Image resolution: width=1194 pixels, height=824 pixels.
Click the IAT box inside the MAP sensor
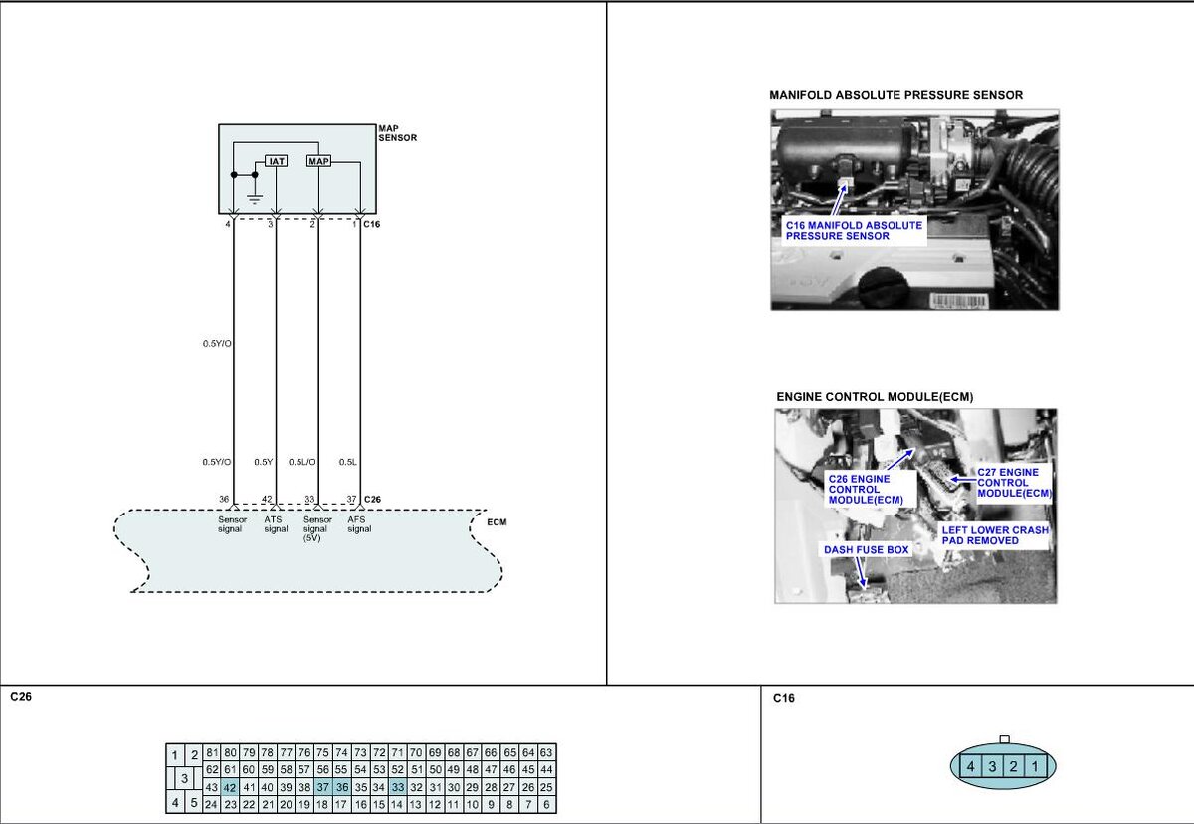coord(277,161)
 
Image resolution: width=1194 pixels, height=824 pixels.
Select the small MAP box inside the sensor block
coord(318,161)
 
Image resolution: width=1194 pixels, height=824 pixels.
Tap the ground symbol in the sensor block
coord(255,199)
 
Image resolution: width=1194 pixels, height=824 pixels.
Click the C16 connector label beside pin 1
coord(371,224)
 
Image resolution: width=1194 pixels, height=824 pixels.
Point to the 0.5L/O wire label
coord(302,462)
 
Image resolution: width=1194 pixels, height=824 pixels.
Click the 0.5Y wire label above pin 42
coord(264,462)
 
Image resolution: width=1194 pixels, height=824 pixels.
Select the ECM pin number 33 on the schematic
coord(309,499)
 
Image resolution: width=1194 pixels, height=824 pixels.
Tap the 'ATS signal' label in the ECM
coord(276,524)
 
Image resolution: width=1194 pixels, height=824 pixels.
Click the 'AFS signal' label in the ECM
coord(359,524)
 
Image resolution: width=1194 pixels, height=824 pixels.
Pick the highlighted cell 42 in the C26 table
coord(230,787)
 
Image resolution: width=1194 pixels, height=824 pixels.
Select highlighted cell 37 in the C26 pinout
coord(323,787)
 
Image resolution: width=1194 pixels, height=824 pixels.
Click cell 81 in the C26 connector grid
coord(212,752)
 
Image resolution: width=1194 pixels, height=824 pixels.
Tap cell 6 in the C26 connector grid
coord(547,804)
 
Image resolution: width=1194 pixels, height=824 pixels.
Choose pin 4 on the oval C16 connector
coord(971,766)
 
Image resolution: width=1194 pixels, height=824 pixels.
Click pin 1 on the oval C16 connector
coord(1035,766)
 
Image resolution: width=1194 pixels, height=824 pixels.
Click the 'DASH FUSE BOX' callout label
coord(867,550)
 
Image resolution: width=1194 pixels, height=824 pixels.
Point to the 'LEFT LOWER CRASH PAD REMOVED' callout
coord(995,535)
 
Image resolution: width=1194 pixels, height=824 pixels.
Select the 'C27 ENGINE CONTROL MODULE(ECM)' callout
coord(1014,483)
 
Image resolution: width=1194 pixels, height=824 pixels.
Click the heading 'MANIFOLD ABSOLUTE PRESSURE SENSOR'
coord(896,95)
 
